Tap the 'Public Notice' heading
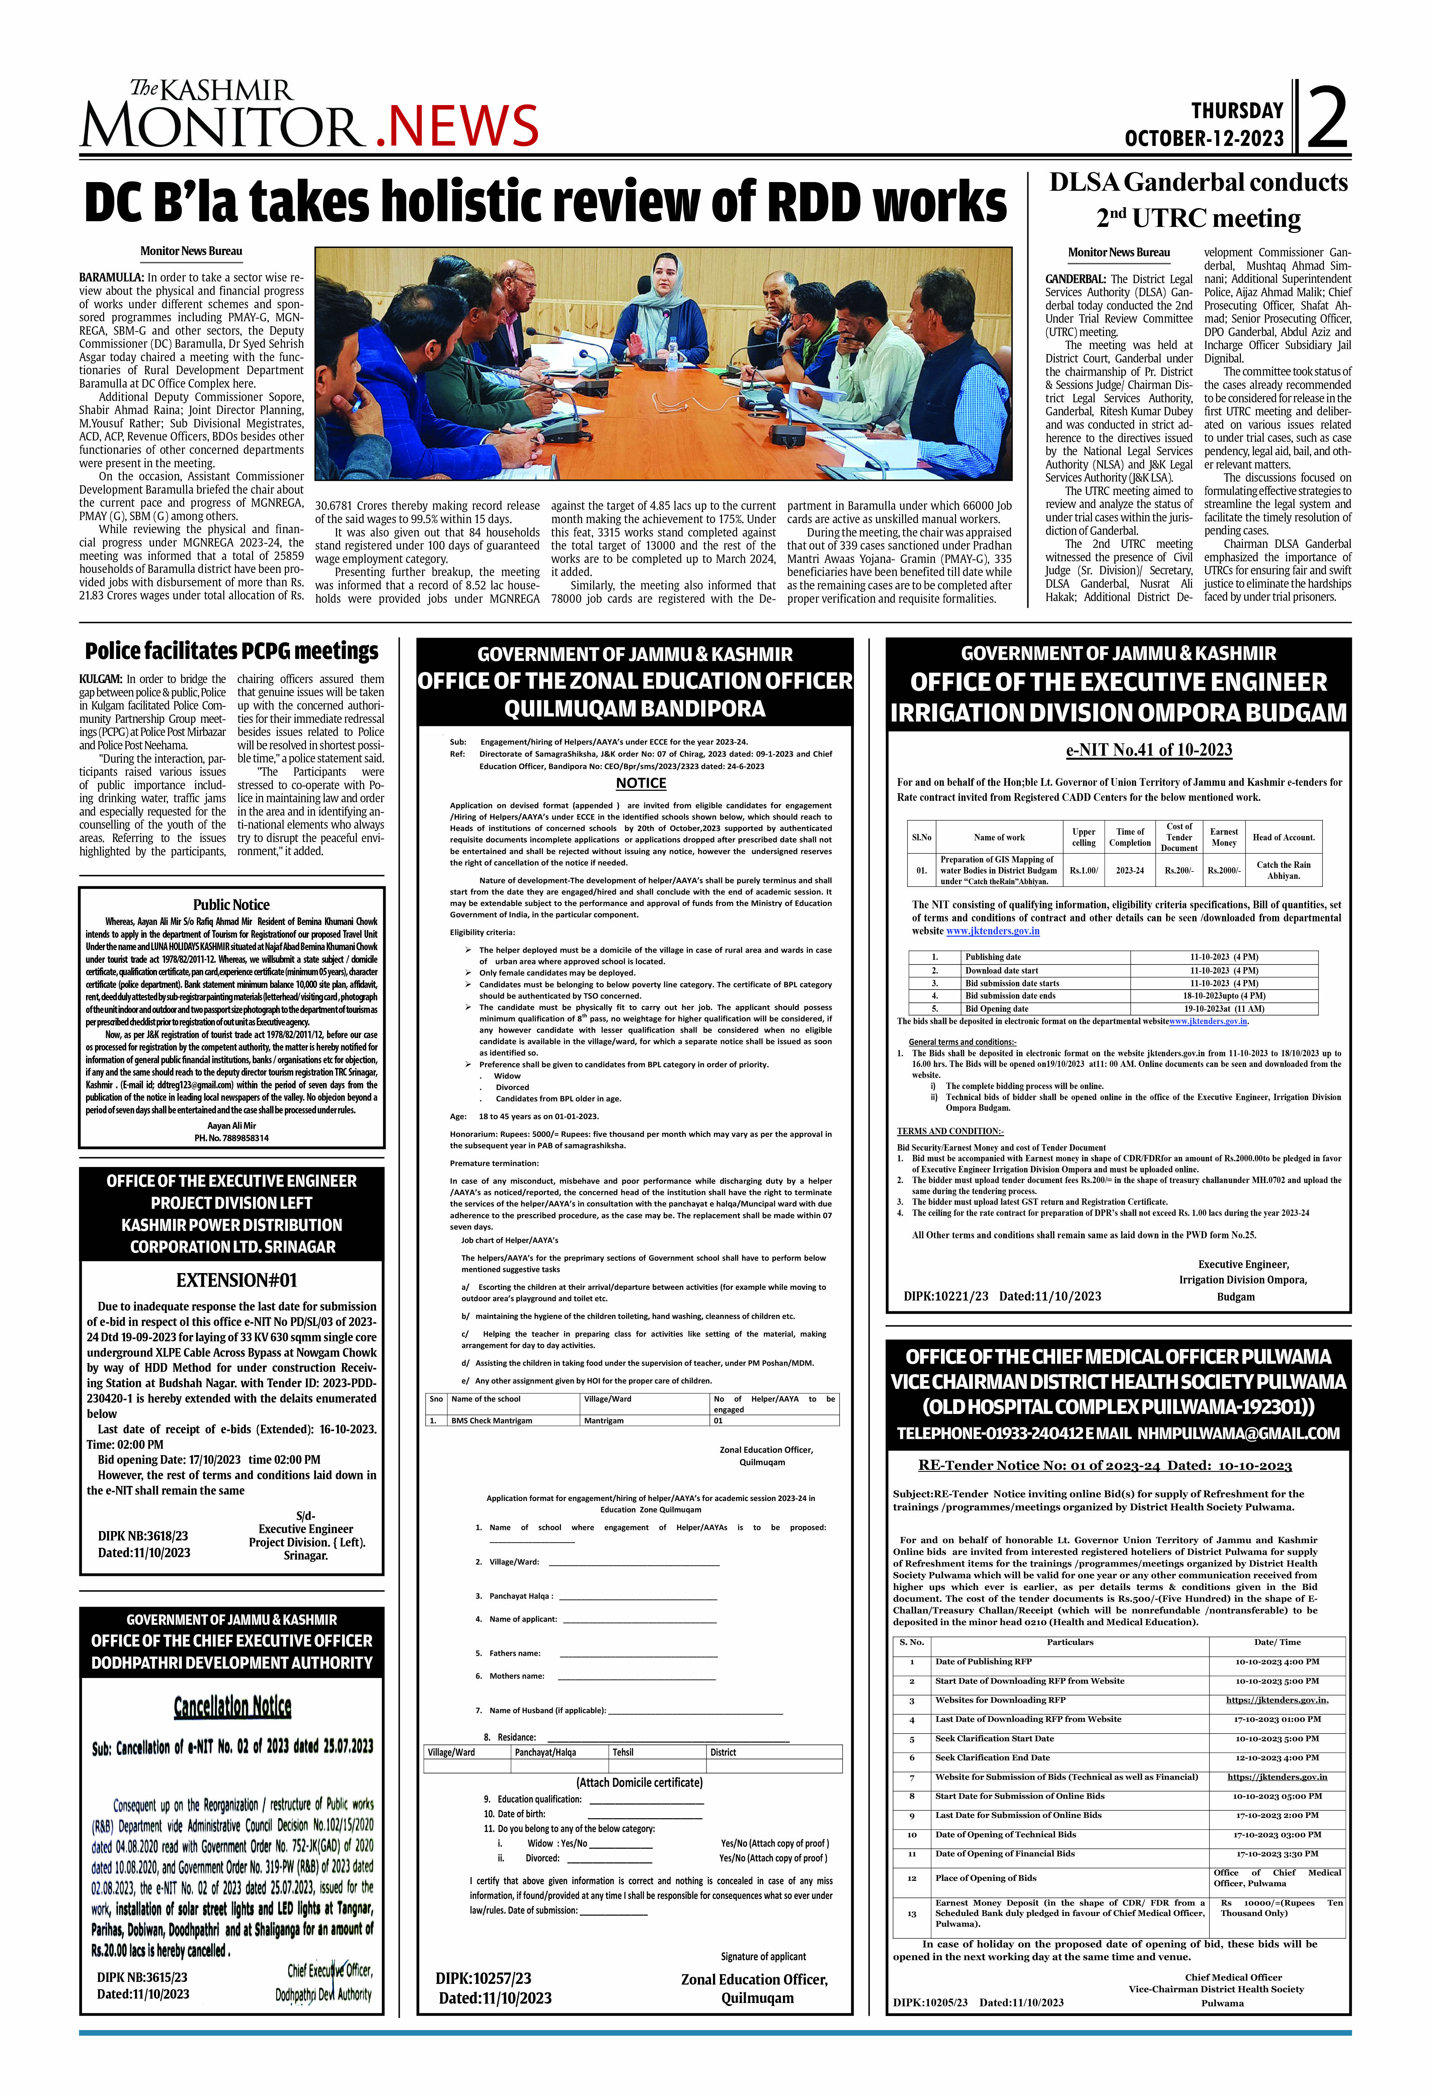click(x=231, y=904)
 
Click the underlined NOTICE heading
click(x=641, y=783)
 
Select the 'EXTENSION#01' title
click(x=236, y=1280)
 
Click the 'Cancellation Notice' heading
click(x=233, y=1705)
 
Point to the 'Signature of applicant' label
click(x=763, y=1956)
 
